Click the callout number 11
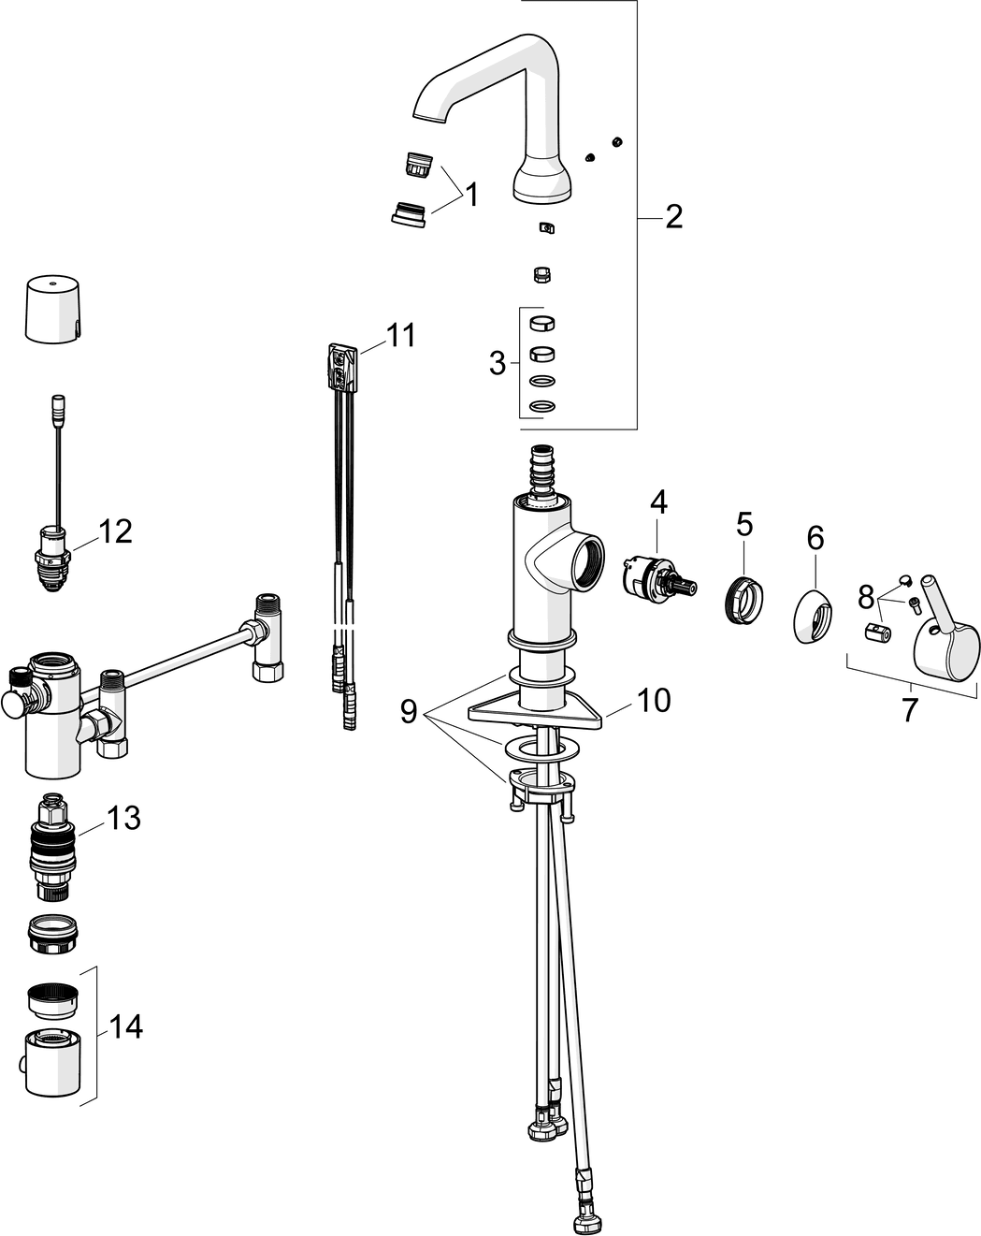coord(400,335)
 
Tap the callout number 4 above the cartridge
coord(658,502)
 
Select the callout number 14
coord(125,1026)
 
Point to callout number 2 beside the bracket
coord(673,216)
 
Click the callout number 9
coord(409,712)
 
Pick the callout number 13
coord(123,818)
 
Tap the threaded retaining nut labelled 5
coord(743,600)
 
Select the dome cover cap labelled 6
coord(814,615)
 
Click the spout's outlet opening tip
coord(429,118)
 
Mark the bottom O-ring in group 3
coord(541,406)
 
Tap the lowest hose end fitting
coord(584,1220)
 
